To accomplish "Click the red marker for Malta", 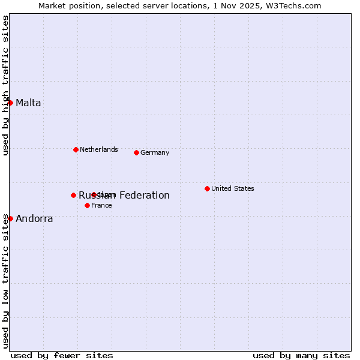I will tap(10, 103).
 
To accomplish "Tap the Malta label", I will tap(28, 103).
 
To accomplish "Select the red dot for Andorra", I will tap(10, 218).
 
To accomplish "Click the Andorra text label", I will tap(34, 218).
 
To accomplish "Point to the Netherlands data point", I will tap(76, 149).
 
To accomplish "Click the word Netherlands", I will tap(98, 149).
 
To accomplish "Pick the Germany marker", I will tap(136, 152).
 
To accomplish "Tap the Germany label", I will tap(155, 152).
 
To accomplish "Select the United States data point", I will tap(207, 188).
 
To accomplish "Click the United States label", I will tap(232, 188).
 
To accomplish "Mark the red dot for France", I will tap(87, 205).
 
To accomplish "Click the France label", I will tap(101, 205).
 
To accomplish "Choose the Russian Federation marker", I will tap(73, 195).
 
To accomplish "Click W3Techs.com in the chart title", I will tap(293, 5).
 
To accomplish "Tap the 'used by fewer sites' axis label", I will tap(62, 355).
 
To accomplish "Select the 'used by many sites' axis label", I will tap(301, 355).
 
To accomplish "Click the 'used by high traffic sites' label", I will tap(5, 85).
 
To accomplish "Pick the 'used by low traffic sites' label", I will tap(5, 281).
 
